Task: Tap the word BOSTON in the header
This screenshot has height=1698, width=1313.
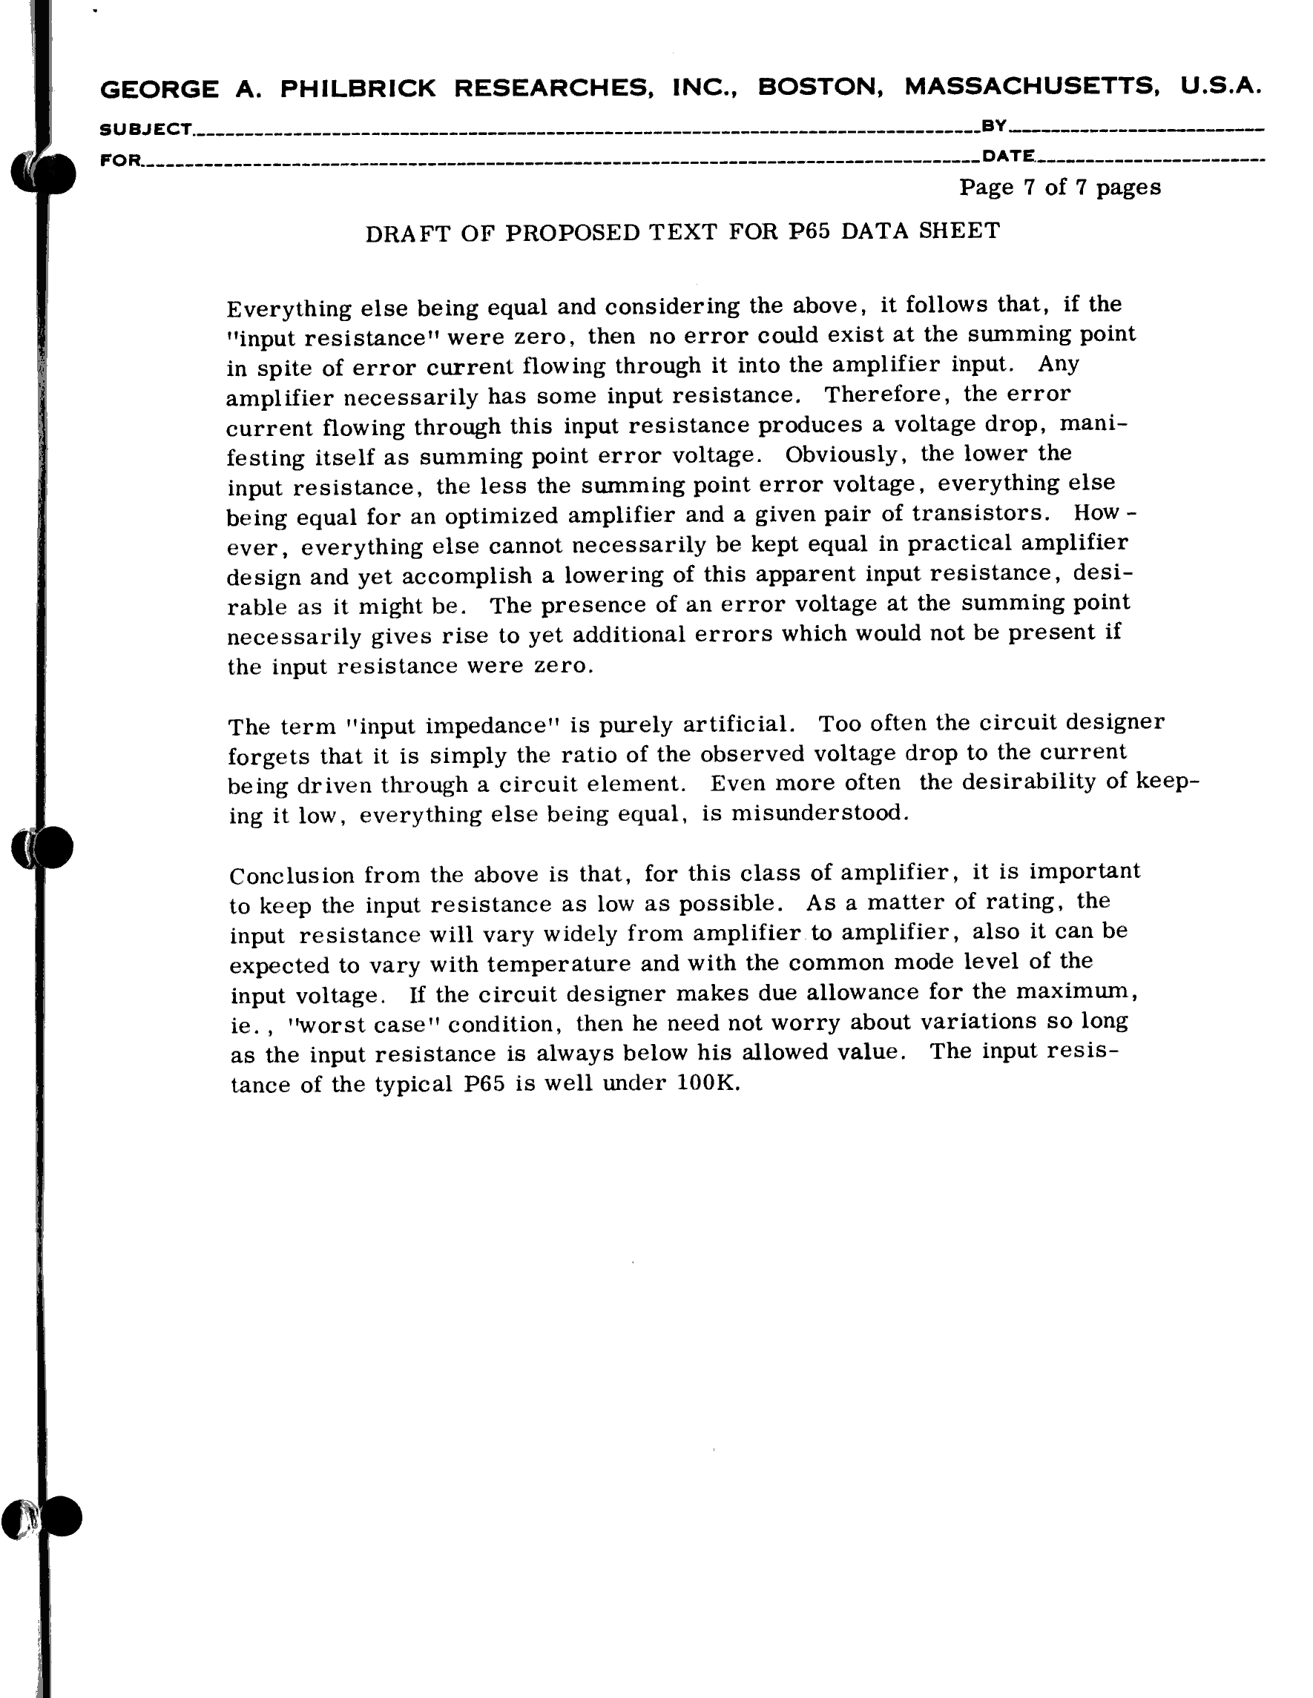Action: (820, 87)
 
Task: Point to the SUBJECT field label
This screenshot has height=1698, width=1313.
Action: (145, 129)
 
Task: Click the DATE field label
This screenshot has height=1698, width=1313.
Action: (1008, 156)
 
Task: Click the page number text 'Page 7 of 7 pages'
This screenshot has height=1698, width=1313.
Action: (1059, 188)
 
